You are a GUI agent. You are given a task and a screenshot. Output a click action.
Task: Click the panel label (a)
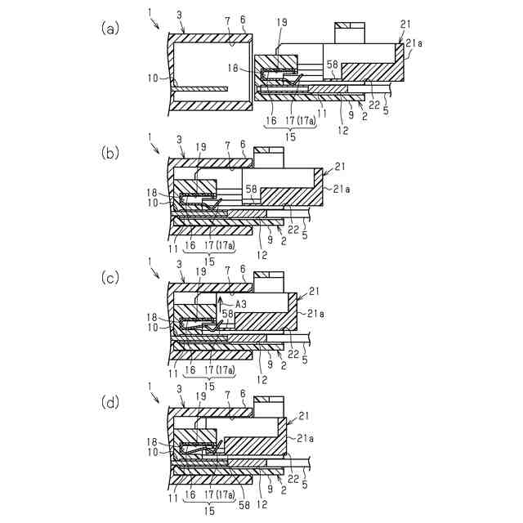tap(110, 29)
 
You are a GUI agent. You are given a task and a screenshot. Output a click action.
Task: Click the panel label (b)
tap(110, 152)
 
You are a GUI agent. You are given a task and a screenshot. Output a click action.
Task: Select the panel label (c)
tap(110, 278)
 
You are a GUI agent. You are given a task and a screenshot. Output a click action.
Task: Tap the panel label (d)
tap(110, 404)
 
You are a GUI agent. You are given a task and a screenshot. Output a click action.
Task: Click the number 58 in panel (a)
tap(332, 64)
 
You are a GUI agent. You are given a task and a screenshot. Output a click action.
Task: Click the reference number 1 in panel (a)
tap(149, 14)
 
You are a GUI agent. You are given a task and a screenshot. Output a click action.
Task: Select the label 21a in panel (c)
tap(315, 313)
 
